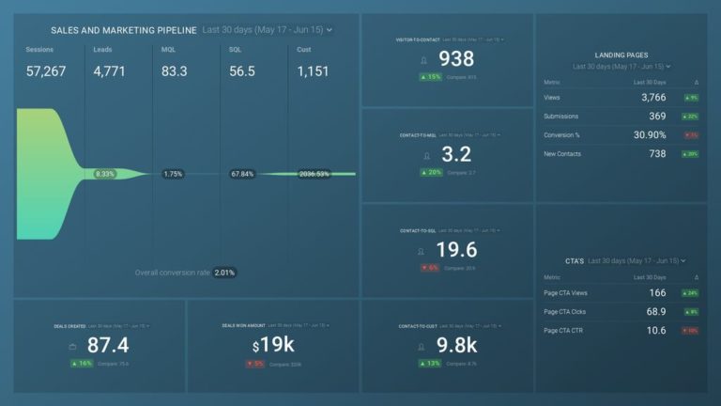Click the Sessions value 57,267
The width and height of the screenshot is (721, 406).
click(46, 71)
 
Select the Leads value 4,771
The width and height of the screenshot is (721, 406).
click(109, 71)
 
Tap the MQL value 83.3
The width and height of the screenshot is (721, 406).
click(174, 71)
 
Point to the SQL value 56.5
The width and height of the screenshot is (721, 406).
click(242, 71)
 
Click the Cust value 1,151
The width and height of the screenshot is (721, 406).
click(314, 71)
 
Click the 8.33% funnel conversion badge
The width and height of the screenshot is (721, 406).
click(105, 174)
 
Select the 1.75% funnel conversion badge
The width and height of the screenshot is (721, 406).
click(173, 174)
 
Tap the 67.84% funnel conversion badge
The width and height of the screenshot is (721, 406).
click(241, 174)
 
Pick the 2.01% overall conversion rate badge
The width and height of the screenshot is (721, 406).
click(224, 273)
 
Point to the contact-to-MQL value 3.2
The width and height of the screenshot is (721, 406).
click(456, 155)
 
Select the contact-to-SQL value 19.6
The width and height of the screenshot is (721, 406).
click(456, 249)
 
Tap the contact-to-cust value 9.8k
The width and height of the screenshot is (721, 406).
click(456, 345)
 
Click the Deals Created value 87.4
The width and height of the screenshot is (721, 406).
click(107, 345)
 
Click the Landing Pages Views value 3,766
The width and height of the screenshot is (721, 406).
click(647, 97)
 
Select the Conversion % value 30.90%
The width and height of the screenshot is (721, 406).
click(644, 134)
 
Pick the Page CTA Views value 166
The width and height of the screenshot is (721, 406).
click(656, 293)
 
